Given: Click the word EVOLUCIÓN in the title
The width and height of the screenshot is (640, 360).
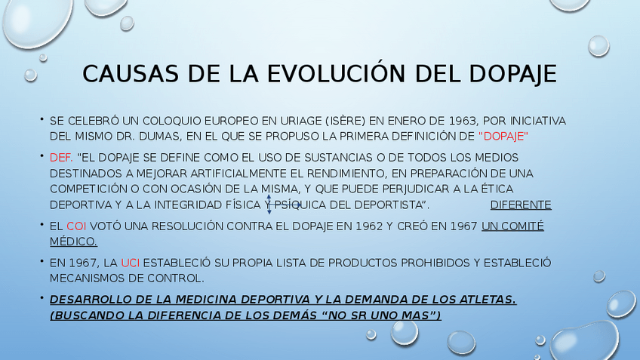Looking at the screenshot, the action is pyautogui.click(x=337, y=73).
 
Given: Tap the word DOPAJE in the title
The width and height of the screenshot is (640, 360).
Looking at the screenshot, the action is pyautogui.click(x=512, y=74).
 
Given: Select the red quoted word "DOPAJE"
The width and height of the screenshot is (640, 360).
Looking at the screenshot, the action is pyautogui.click(x=503, y=137).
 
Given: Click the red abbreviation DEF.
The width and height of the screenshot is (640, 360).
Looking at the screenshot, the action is pyautogui.click(x=61, y=158).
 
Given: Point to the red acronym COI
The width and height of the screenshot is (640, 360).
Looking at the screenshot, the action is pyautogui.click(x=76, y=226).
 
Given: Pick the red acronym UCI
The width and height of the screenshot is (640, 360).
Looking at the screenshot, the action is pyautogui.click(x=131, y=263).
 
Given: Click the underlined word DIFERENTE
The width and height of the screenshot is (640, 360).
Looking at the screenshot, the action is pyautogui.click(x=521, y=205).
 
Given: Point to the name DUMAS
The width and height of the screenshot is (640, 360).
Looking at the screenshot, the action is pyautogui.click(x=161, y=137).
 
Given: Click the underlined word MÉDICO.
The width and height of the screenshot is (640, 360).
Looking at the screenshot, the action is pyautogui.click(x=73, y=242).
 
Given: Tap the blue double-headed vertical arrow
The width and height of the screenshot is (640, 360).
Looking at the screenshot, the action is pyautogui.click(x=269, y=205).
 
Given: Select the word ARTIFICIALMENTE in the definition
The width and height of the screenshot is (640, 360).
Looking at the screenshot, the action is pyautogui.click(x=238, y=174).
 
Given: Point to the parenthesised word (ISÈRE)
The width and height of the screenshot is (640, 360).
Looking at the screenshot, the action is pyautogui.click(x=346, y=121).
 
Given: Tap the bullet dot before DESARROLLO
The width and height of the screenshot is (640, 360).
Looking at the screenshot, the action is pyautogui.click(x=42, y=298).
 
